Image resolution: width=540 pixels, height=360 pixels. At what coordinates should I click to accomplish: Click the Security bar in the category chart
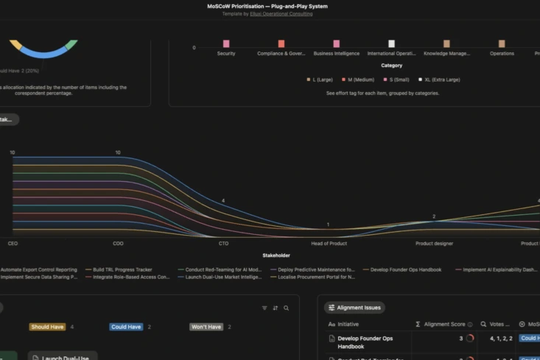(x=226, y=44)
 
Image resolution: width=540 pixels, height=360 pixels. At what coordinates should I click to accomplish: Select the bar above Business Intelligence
(x=336, y=44)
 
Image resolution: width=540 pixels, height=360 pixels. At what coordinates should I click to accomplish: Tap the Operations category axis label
(x=502, y=54)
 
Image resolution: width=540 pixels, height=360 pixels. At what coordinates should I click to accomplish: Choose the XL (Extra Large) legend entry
(x=440, y=80)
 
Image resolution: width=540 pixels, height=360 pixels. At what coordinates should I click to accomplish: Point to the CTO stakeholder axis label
(x=223, y=243)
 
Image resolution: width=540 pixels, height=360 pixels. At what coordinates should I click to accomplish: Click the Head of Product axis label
(x=329, y=243)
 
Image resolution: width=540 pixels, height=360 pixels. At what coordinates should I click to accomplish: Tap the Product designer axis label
(x=434, y=243)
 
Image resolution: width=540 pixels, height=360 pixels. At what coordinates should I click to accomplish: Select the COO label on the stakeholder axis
(x=118, y=243)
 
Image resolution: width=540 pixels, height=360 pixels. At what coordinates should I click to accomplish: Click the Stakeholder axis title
(x=276, y=255)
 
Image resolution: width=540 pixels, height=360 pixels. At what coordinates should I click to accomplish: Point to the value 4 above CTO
(x=223, y=201)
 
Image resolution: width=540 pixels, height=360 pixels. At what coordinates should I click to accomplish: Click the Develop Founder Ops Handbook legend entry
(x=404, y=270)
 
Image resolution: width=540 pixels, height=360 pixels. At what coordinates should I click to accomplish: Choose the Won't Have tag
(x=206, y=327)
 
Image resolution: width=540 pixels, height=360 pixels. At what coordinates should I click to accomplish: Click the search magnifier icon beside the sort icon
(x=287, y=308)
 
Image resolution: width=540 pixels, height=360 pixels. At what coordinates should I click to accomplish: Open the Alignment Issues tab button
(x=356, y=308)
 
